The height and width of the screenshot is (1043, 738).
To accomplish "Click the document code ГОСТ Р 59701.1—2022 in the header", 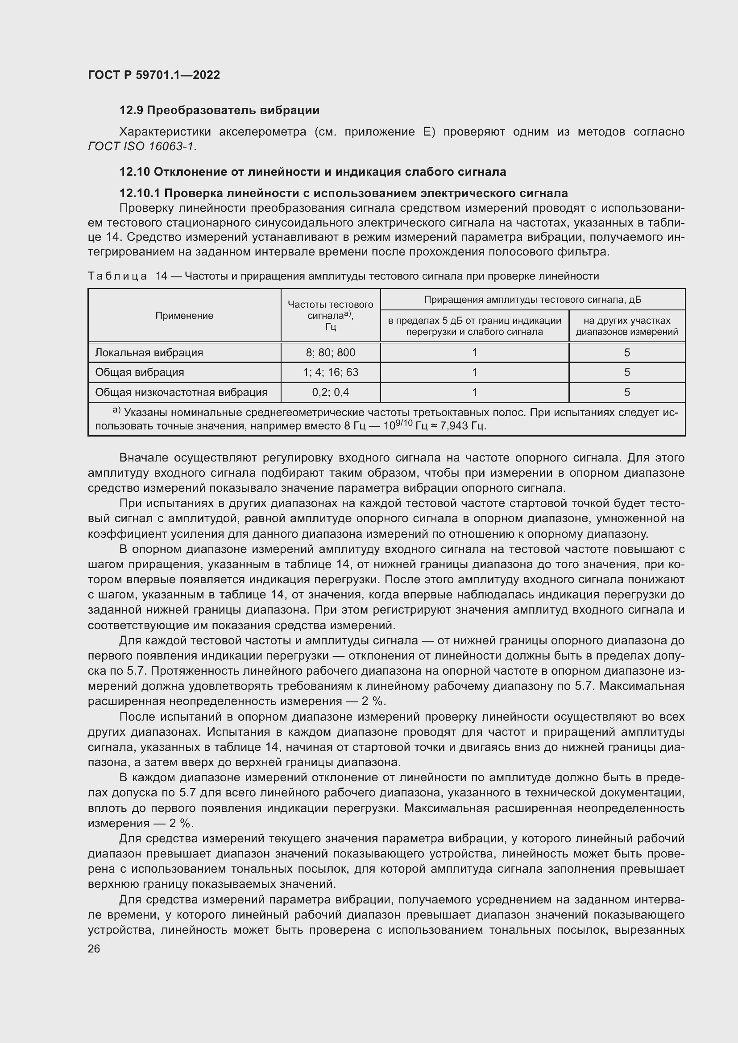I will click(x=153, y=75).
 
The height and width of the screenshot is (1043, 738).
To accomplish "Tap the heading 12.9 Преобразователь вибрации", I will click(x=219, y=111).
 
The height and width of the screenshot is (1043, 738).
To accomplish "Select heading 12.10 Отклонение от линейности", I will click(x=312, y=172).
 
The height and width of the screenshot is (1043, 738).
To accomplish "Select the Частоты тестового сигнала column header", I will click(x=330, y=315).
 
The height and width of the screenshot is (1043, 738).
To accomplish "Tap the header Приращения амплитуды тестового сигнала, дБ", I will click(x=532, y=300).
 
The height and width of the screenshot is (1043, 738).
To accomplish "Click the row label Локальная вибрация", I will click(x=149, y=353).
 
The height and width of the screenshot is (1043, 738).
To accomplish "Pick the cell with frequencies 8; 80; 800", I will click(x=330, y=353).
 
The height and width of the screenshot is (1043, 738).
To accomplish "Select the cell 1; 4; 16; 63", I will click(x=330, y=372).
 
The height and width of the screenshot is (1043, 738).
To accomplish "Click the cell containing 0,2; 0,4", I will click(x=330, y=392).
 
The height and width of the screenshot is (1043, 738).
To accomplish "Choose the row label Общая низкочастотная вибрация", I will click(x=181, y=392).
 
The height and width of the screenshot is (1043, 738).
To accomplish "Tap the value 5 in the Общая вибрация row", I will click(x=626, y=372).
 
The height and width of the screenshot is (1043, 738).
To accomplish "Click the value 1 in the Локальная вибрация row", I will click(x=474, y=353).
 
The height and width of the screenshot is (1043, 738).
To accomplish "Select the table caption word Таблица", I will click(x=117, y=276).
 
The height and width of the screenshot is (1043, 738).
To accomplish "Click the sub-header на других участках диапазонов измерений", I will click(x=626, y=326).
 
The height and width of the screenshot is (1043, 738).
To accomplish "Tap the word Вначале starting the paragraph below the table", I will click(x=144, y=458).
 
